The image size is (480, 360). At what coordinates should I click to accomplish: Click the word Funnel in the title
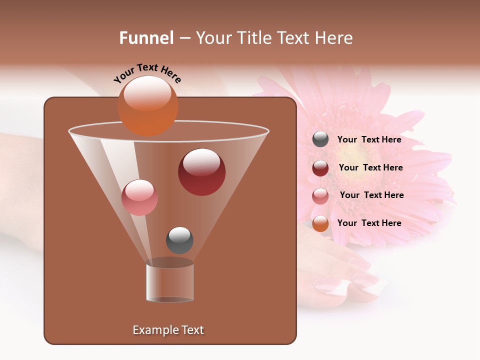146,38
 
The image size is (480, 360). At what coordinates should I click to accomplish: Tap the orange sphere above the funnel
147,105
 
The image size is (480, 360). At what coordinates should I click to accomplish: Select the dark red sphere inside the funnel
201,172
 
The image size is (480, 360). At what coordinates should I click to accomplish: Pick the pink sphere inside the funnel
139,197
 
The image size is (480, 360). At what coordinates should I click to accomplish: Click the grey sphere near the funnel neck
179,240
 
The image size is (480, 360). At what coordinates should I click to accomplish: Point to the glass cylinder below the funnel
170,282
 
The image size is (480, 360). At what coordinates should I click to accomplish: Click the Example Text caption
168,330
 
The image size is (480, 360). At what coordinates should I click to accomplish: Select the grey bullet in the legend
320,139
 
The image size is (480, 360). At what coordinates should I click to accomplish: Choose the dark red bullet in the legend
320,168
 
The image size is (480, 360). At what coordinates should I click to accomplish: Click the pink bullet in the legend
320,195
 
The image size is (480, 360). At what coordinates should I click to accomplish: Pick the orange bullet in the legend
320,223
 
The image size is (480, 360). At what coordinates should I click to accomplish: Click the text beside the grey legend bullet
369,139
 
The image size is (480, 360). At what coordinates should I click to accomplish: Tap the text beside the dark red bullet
370,167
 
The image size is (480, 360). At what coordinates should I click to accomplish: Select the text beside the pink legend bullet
371,195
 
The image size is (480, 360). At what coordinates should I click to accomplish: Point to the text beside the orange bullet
369,223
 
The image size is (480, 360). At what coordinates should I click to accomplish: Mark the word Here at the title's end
333,38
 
